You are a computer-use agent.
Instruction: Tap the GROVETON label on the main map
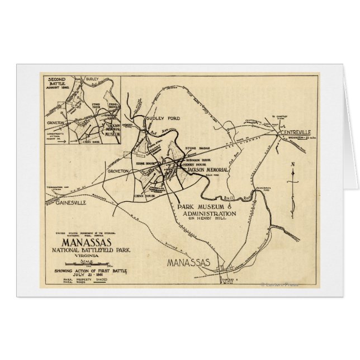tap(118, 170)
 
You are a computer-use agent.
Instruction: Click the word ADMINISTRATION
tap(207, 214)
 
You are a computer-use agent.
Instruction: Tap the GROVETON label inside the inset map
tap(57, 122)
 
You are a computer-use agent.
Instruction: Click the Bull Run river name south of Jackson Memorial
tap(227, 198)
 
